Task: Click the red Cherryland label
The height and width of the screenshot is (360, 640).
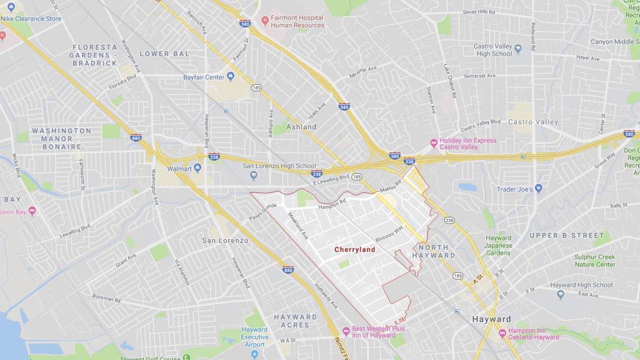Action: tap(355, 250)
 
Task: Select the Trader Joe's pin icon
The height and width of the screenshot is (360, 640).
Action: tap(538, 188)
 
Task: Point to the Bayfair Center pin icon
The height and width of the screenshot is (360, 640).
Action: tap(230, 77)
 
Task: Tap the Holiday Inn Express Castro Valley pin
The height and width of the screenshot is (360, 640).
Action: tap(434, 143)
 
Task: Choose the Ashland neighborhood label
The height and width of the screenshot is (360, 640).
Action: tap(301, 127)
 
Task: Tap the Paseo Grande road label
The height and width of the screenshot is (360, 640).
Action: tap(262, 212)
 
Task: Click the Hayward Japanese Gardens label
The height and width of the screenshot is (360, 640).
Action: tap(499, 245)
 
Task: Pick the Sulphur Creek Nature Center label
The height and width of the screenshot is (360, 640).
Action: tap(595, 260)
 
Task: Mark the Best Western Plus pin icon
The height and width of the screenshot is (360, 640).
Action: tap(346, 332)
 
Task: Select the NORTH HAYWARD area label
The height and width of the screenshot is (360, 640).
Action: tap(437, 251)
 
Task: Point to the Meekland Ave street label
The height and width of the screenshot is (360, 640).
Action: tap(298, 226)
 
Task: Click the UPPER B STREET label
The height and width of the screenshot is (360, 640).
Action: tap(566, 235)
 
